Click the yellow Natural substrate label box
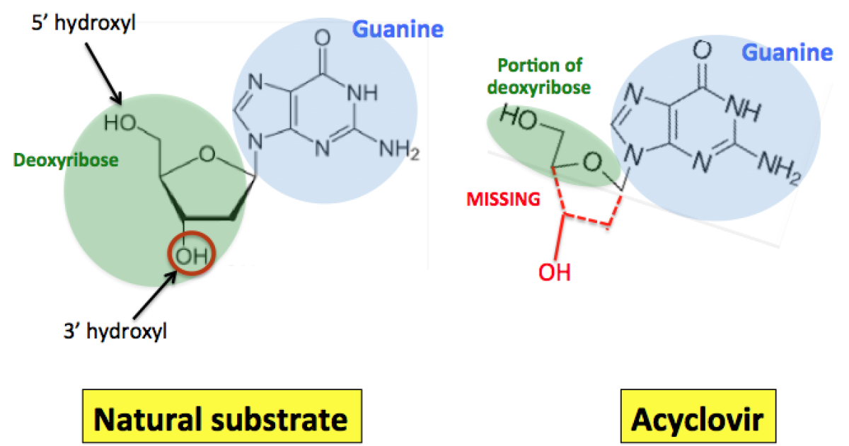[x=221, y=419]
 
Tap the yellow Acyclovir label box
[x=697, y=419]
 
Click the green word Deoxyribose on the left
[x=65, y=161]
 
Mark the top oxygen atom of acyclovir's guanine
[x=702, y=51]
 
